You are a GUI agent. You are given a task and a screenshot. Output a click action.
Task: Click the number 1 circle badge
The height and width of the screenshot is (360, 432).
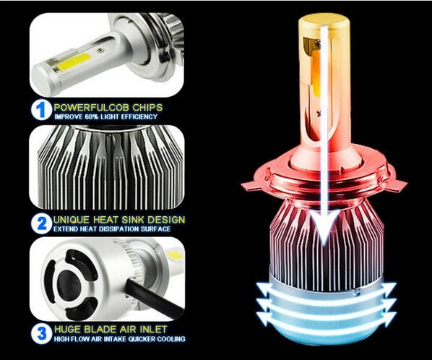(x=41, y=110)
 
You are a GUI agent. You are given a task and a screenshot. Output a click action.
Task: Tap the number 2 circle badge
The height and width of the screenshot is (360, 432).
(x=41, y=223)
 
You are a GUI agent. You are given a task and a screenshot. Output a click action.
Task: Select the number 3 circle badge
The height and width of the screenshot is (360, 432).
(x=41, y=333)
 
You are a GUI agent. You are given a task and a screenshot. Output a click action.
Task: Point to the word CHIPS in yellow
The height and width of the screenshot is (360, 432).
(x=147, y=107)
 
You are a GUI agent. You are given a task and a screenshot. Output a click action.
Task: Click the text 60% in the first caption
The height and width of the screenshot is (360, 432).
(x=92, y=116)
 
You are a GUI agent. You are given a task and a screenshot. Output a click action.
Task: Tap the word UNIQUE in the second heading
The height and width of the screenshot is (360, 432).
(x=72, y=220)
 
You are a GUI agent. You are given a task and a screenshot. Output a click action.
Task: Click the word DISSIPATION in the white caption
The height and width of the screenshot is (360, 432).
(x=119, y=228)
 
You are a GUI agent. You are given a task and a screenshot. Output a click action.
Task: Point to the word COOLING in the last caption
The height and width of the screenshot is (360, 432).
(x=172, y=339)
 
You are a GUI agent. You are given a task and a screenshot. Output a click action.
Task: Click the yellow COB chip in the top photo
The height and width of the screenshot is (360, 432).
(x=74, y=61)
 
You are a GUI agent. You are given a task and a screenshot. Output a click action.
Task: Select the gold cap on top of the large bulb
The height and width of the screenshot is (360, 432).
(x=324, y=23)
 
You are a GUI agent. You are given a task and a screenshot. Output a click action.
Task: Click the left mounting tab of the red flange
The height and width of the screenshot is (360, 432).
(x=252, y=186)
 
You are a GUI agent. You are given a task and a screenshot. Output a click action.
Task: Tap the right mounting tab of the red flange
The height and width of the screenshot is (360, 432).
(x=397, y=184)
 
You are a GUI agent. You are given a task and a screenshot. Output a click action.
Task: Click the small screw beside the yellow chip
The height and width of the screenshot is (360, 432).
(x=100, y=50)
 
